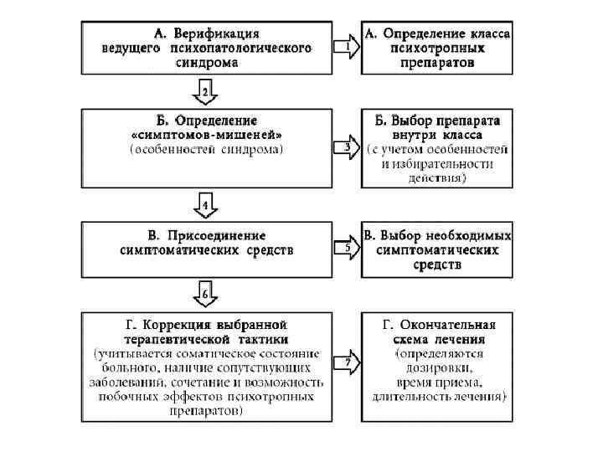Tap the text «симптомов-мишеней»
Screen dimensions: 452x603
coord(206,135)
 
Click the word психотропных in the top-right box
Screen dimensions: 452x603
coord(436,48)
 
